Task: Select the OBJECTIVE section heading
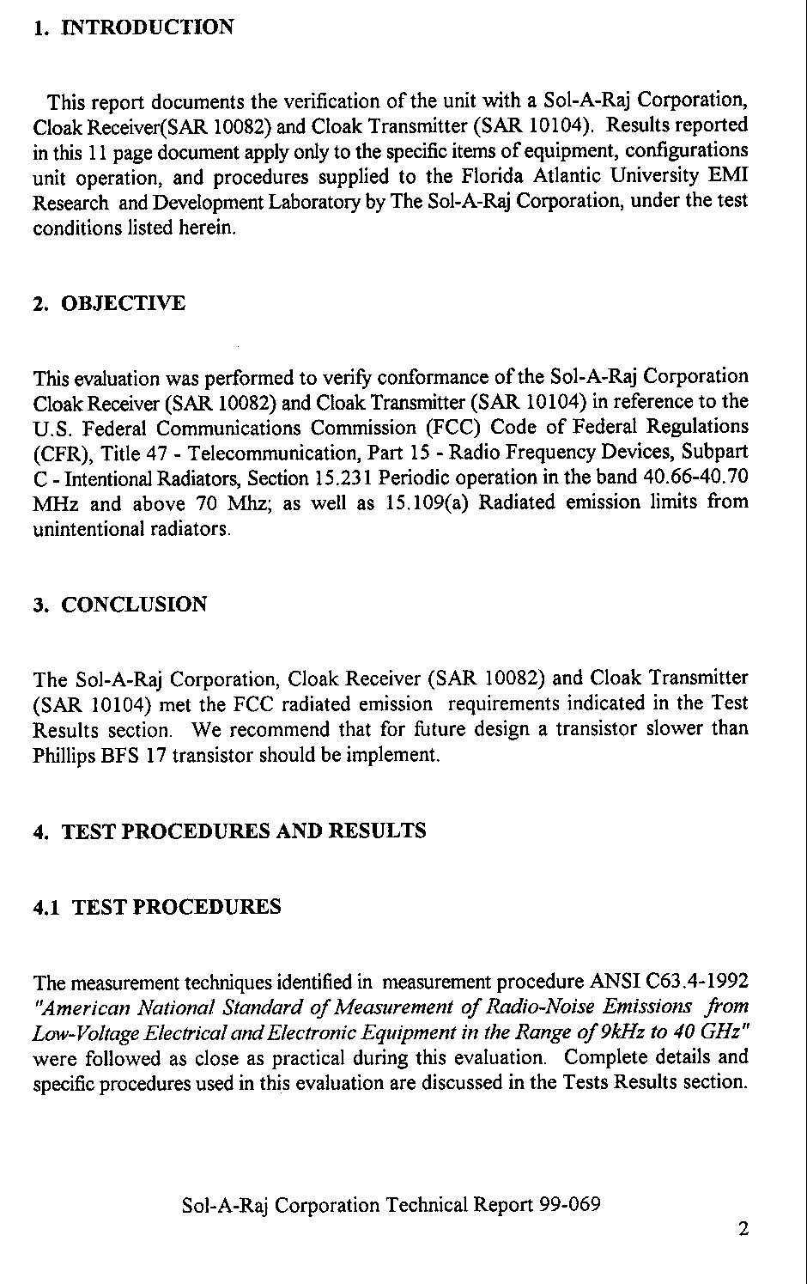coord(124,304)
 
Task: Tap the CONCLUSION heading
coord(135,605)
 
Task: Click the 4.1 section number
coord(47,907)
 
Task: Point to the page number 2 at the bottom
coord(743,1229)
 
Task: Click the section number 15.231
coord(343,478)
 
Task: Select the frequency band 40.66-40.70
coord(695,477)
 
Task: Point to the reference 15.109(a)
coord(426,502)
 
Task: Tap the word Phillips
coord(62,757)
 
